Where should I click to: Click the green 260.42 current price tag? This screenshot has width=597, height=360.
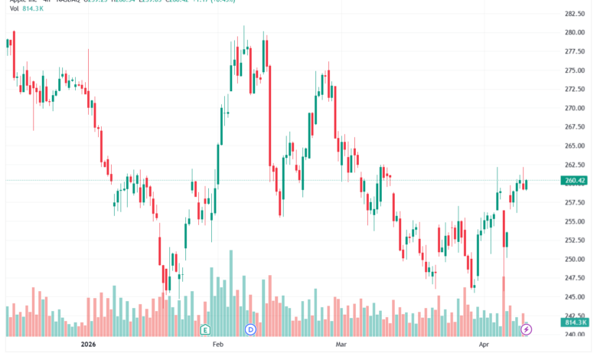click(573, 181)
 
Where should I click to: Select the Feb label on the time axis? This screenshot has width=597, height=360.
click(218, 345)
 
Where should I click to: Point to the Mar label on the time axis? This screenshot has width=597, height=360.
click(342, 345)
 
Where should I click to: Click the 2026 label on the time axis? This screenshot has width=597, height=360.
click(91, 345)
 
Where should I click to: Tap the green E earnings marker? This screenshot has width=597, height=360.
click(205, 329)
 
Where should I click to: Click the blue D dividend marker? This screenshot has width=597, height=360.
click(250, 329)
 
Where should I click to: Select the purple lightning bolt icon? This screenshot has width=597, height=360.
click(527, 329)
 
